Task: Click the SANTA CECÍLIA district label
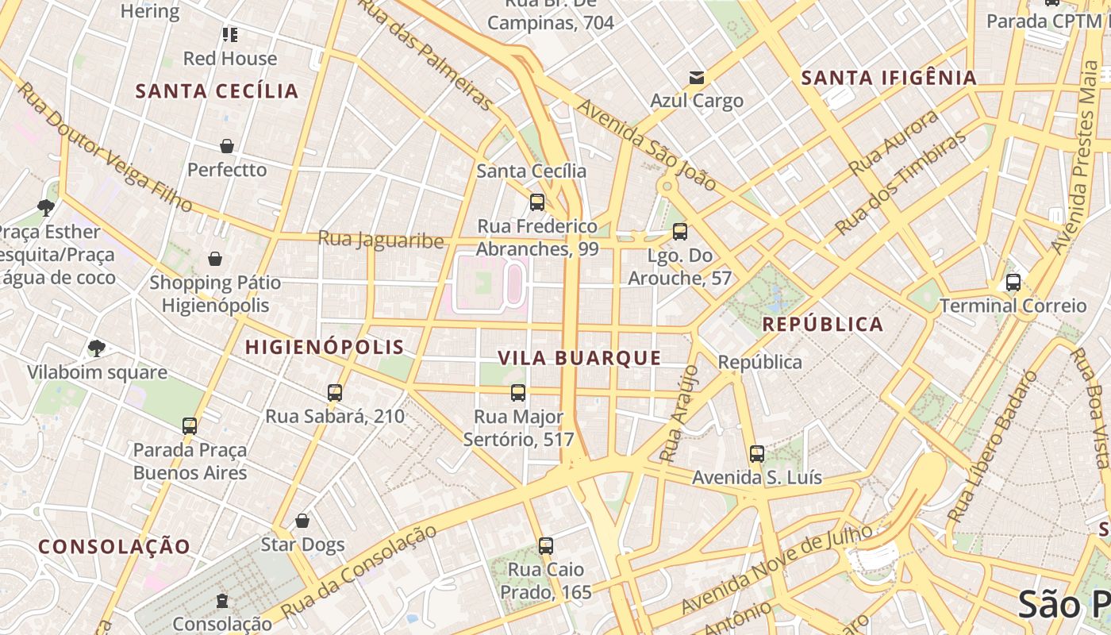217,91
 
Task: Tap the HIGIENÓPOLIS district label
325,347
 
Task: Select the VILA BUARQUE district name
580,358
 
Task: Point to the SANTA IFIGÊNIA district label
889,78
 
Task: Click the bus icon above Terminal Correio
1013,282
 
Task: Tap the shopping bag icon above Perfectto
227,146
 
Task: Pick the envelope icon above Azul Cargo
697,77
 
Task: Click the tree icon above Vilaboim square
97,348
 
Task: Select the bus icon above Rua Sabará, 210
335,392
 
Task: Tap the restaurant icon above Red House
230,34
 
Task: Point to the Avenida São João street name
647,145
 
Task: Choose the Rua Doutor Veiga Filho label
105,148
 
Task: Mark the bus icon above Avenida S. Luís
757,454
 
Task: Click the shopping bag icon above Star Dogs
302,521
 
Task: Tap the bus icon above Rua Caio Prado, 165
545,546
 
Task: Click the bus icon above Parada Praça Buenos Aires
190,426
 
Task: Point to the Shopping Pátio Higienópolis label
215,294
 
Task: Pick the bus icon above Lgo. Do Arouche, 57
680,232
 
